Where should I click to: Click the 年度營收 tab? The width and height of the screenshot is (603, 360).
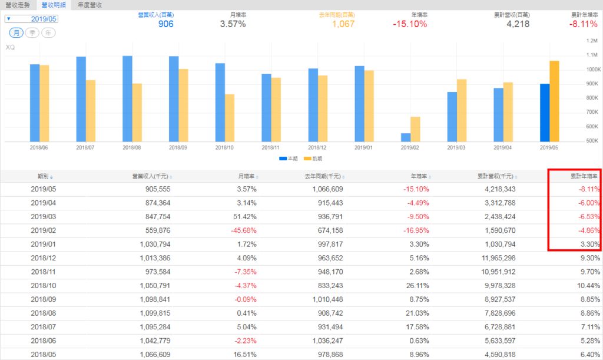coord(90,5)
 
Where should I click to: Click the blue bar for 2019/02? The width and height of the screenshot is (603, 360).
coord(406,137)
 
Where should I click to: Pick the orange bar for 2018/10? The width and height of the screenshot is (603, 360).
coord(230,118)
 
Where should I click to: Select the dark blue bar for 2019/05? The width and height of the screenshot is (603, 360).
coord(545,113)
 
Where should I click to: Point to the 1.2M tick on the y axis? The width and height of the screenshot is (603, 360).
coord(591,41)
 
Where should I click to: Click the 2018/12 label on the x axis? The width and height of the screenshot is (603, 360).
coord(317,147)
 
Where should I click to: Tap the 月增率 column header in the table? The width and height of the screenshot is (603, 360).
coord(247,176)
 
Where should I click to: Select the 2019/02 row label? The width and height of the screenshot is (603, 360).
coord(42,231)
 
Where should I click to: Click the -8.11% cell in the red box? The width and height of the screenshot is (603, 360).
coord(588,189)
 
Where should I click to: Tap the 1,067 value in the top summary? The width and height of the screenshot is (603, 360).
coord(342,24)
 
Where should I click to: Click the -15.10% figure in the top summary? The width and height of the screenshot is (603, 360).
coord(410,24)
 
